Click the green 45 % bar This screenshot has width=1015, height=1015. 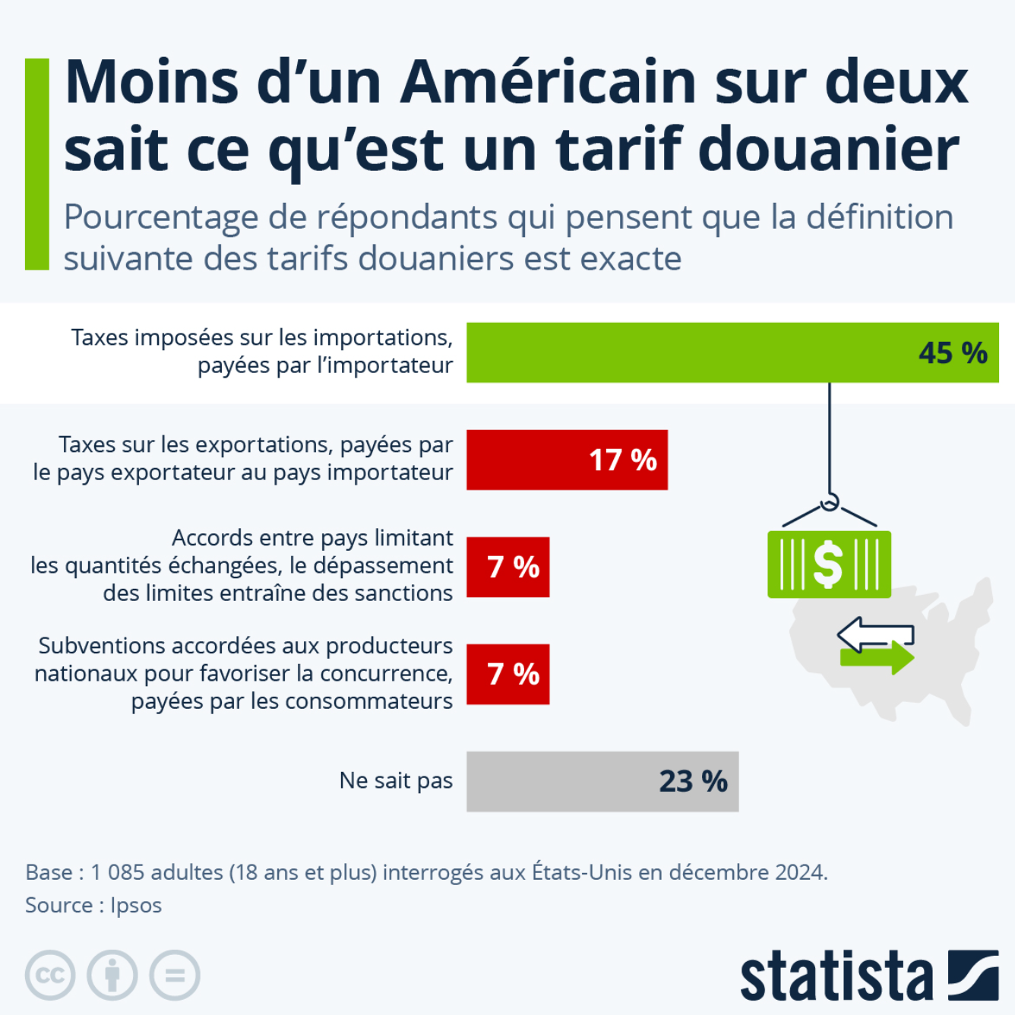[x=684, y=353]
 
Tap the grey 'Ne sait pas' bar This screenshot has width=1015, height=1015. [x=562, y=781]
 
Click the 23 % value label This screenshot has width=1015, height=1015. [x=693, y=781]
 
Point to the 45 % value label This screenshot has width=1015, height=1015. [x=953, y=353]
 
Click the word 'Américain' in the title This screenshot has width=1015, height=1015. [x=549, y=82]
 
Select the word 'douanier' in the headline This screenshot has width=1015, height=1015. [x=828, y=149]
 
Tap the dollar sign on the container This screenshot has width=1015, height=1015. [x=828, y=564]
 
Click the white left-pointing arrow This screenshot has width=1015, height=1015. [x=874, y=634]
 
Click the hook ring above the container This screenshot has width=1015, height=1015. [x=830, y=501]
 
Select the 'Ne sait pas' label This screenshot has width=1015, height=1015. [x=396, y=780]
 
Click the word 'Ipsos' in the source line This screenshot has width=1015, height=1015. [x=136, y=906]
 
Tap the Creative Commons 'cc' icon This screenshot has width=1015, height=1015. [x=50, y=975]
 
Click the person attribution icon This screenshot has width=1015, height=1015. [x=112, y=975]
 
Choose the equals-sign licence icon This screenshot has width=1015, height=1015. [x=175, y=975]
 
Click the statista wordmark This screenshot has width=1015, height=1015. [x=836, y=976]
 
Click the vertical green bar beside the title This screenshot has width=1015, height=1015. [x=36, y=164]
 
